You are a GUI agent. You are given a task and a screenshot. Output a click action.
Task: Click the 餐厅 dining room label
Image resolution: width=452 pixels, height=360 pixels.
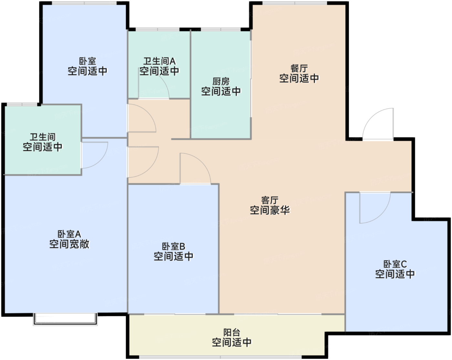click(299, 68)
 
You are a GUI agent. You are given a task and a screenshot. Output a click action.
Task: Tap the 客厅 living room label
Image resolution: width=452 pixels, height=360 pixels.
click(270, 200)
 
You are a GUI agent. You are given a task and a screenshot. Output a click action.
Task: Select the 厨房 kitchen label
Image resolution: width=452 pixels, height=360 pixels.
click(221, 81)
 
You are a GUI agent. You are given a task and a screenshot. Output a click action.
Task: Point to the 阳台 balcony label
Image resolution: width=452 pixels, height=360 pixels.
click(232, 332)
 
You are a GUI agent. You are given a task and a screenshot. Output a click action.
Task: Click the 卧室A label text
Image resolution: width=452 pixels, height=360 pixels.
click(69, 234)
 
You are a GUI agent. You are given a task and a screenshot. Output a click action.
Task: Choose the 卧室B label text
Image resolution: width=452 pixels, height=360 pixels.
click(173, 246)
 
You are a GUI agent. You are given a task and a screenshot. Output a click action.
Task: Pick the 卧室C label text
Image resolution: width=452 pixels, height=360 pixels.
click(395, 264)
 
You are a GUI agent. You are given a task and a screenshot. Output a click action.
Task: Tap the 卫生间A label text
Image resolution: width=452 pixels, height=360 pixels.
click(159, 61)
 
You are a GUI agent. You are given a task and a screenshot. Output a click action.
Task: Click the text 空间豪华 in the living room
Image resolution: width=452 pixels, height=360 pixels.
click(270, 210)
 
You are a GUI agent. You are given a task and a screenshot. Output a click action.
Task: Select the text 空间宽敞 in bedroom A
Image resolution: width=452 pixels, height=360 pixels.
click(69, 244)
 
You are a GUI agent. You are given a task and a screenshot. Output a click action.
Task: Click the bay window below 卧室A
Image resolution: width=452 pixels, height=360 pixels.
click(65, 319)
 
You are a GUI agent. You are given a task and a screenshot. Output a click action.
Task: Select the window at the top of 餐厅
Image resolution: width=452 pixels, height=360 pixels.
click(295, 3)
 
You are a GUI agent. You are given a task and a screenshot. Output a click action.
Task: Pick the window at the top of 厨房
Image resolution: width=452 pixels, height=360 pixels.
click(221, 29)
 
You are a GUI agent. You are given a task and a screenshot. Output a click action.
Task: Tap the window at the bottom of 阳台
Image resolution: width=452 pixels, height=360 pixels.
click(220, 357)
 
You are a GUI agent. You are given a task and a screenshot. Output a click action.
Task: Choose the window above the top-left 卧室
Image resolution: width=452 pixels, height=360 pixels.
click(84, 3)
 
